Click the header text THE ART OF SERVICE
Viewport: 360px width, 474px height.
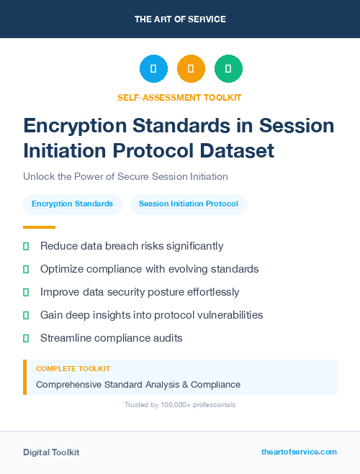(x=180, y=19)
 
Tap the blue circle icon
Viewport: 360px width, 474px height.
(x=153, y=69)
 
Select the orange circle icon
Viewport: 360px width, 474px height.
(x=191, y=69)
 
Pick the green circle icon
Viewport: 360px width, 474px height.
(x=228, y=69)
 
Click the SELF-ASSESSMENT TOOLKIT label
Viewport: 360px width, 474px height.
(x=180, y=97)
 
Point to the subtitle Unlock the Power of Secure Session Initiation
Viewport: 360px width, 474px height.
(x=125, y=176)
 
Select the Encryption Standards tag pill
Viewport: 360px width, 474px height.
(x=72, y=204)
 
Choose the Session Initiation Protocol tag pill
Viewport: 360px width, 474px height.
(x=189, y=204)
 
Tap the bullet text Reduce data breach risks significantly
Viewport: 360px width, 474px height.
(x=132, y=246)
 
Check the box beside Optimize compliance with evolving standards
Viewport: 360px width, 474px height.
(x=26, y=269)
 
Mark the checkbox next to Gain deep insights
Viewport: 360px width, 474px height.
(x=26, y=315)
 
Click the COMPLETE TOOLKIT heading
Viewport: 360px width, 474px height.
(x=73, y=368)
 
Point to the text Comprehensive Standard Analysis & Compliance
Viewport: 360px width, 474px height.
(x=138, y=385)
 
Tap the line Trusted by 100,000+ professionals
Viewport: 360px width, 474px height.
(x=180, y=405)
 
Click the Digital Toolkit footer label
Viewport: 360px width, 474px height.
(x=51, y=452)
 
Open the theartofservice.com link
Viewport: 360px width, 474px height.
(x=299, y=452)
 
